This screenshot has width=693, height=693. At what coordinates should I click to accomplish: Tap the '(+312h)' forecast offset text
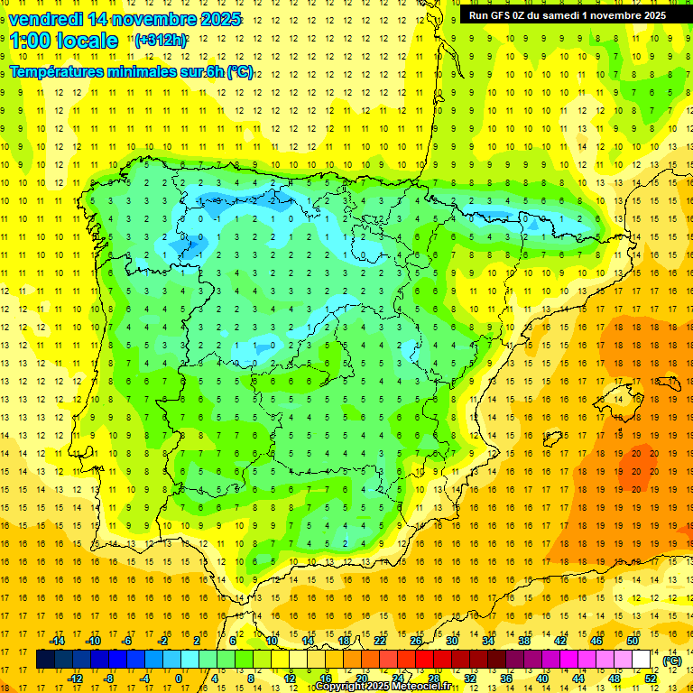pos(160,41)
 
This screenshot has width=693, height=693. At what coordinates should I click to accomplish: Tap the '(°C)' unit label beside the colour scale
pos(672,661)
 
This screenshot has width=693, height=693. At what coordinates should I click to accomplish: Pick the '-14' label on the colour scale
pos(57,641)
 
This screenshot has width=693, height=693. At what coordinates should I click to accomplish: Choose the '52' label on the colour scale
pos(651,679)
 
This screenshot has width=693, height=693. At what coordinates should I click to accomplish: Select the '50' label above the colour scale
pos(633,641)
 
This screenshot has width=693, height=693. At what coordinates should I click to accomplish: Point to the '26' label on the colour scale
pos(416,641)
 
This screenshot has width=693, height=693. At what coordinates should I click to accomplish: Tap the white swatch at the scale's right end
pos(642,660)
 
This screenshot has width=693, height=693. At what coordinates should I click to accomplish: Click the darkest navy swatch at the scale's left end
pos(45,660)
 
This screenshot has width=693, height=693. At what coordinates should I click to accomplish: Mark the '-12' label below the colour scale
pos(75,679)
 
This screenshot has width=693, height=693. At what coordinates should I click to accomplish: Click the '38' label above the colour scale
pos(524,641)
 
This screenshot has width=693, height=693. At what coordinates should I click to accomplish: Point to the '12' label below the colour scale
pos(290,679)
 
